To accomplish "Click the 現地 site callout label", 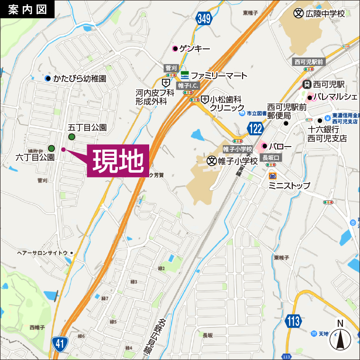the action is pos(118,161).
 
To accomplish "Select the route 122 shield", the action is pos(254,128).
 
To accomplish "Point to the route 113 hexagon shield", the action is pos(294,321).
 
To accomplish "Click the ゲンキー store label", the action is pos(195,48).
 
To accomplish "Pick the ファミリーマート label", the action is pos(219,75).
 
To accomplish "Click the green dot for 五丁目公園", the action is pos(72,138).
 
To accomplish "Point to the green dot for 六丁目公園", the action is pos(51,148).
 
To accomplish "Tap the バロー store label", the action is pos(281,146).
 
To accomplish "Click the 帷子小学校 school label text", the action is pos(237,161).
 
